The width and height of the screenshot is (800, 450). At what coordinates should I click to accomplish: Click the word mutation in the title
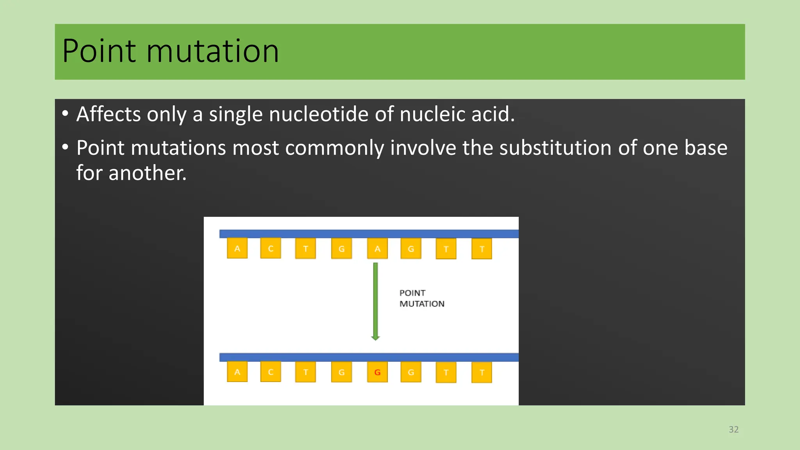point(212,51)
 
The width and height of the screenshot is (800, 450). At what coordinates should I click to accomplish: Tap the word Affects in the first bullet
point(109,114)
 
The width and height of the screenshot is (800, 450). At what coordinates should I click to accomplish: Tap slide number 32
point(734,430)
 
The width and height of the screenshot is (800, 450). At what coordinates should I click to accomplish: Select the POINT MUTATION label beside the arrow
point(421,298)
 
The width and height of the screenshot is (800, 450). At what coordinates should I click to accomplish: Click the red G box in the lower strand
point(377,372)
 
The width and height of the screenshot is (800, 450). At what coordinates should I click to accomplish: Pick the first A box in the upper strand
point(237,248)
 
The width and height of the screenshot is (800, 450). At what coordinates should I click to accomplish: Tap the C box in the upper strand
point(271,248)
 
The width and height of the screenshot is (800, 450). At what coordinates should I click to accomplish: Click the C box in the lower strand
point(271,372)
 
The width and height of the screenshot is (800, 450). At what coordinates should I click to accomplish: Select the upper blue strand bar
point(369,234)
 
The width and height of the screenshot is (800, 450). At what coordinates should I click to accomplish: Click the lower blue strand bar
point(369,357)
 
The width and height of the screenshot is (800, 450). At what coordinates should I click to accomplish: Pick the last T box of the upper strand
point(482,249)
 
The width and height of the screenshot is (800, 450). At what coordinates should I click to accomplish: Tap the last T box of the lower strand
point(482,373)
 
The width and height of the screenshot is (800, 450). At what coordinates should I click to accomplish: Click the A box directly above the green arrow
point(377,249)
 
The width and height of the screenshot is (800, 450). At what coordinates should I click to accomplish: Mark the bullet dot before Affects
point(65,114)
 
